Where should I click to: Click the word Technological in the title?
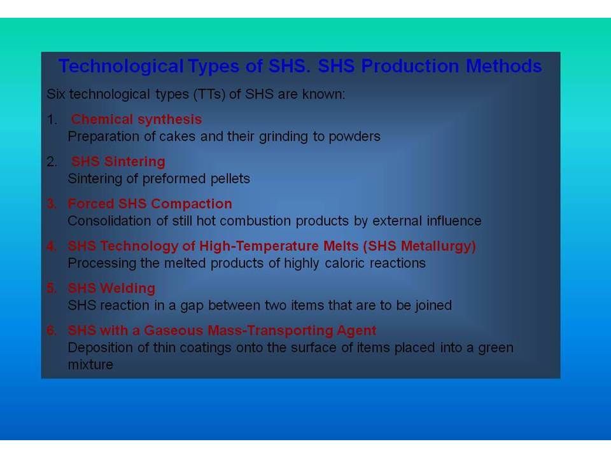click(x=121, y=66)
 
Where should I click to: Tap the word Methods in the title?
click(x=504, y=66)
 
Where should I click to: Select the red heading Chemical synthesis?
click(x=136, y=119)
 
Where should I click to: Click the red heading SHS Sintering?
click(x=118, y=161)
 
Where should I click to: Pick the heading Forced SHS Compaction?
click(x=150, y=204)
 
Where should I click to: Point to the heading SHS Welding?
click(x=111, y=288)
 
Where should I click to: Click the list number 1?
click(x=52, y=120)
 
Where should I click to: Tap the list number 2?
click(x=52, y=162)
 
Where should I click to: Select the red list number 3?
click(x=52, y=204)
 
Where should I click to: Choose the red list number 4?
click(x=52, y=246)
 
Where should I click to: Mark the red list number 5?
click(x=52, y=288)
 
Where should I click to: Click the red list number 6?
click(x=52, y=330)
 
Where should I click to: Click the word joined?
click(x=433, y=306)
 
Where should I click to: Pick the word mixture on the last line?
click(x=90, y=365)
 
